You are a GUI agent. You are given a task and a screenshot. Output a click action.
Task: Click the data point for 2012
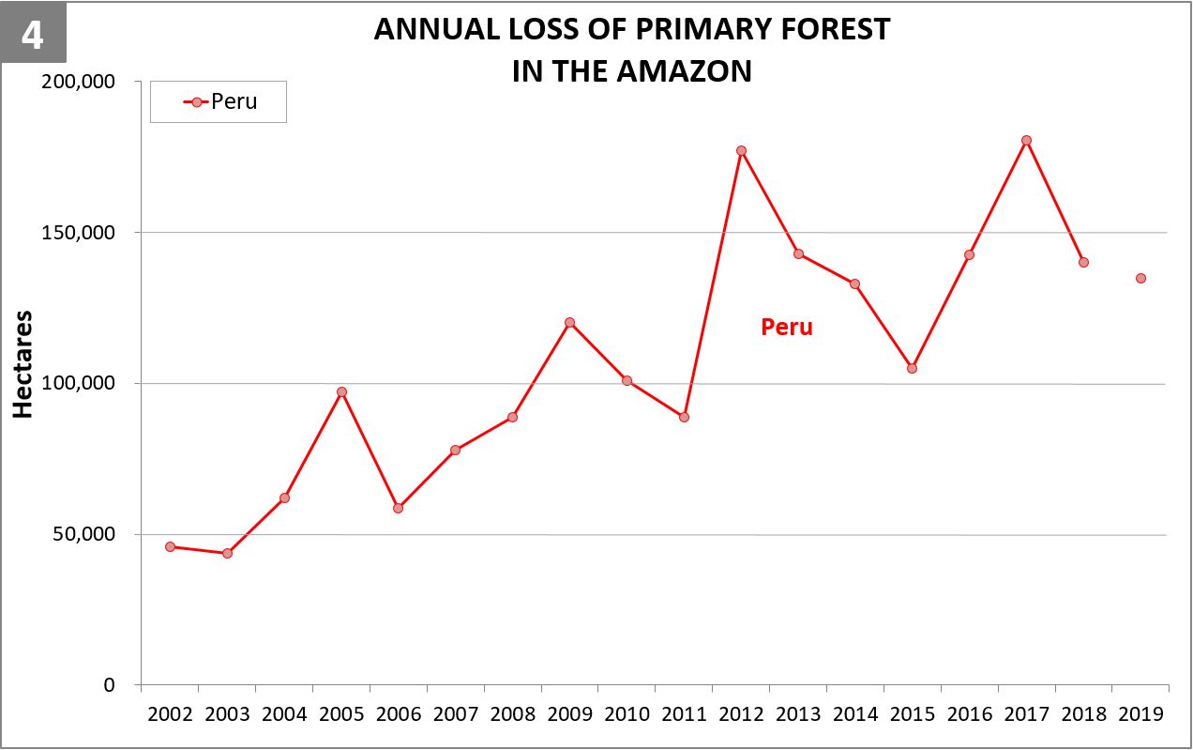pyautogui.click(x=741, y=150)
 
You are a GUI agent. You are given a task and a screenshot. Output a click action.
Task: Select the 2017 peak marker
pyautogui.click(x=1026, y=140)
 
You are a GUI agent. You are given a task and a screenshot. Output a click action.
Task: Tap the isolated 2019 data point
pyautogui.click(x=1140, y=278)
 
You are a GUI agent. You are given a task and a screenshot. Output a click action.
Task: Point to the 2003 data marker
pyautogui.click(x=227, y=553)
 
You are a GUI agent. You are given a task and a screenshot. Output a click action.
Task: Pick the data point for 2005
pyautogui.click(x=341, y=391)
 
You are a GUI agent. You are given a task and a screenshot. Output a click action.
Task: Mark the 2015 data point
pyautogui.click(x=912, y=368)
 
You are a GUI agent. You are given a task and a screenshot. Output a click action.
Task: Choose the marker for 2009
pyautogui.click(x=569, y=322)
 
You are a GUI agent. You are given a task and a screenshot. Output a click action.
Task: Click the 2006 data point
pyautogui.click(x=398, y=508)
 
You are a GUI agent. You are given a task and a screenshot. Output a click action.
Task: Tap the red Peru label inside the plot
pyautogui.click(x=786, y=328)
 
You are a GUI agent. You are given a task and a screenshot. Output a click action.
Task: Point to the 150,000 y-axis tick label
pyautogui.click(x=81, y=232)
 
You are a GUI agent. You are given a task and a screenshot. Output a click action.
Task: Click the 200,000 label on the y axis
pyautogui.click(x=81, y=81)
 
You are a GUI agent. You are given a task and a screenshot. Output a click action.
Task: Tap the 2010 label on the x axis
pyautogui.click(x=627, y=714)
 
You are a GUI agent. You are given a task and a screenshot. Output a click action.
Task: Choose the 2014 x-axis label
pyautogui.click(x=854, y=714)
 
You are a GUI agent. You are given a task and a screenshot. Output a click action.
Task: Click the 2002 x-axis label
pyautogui.click(x=170, y=714)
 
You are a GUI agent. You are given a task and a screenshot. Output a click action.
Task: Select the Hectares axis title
pyautogui.click(x=23, y=364)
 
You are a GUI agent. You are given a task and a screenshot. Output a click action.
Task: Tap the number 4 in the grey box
pyautogui.click(x=32, y=34)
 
